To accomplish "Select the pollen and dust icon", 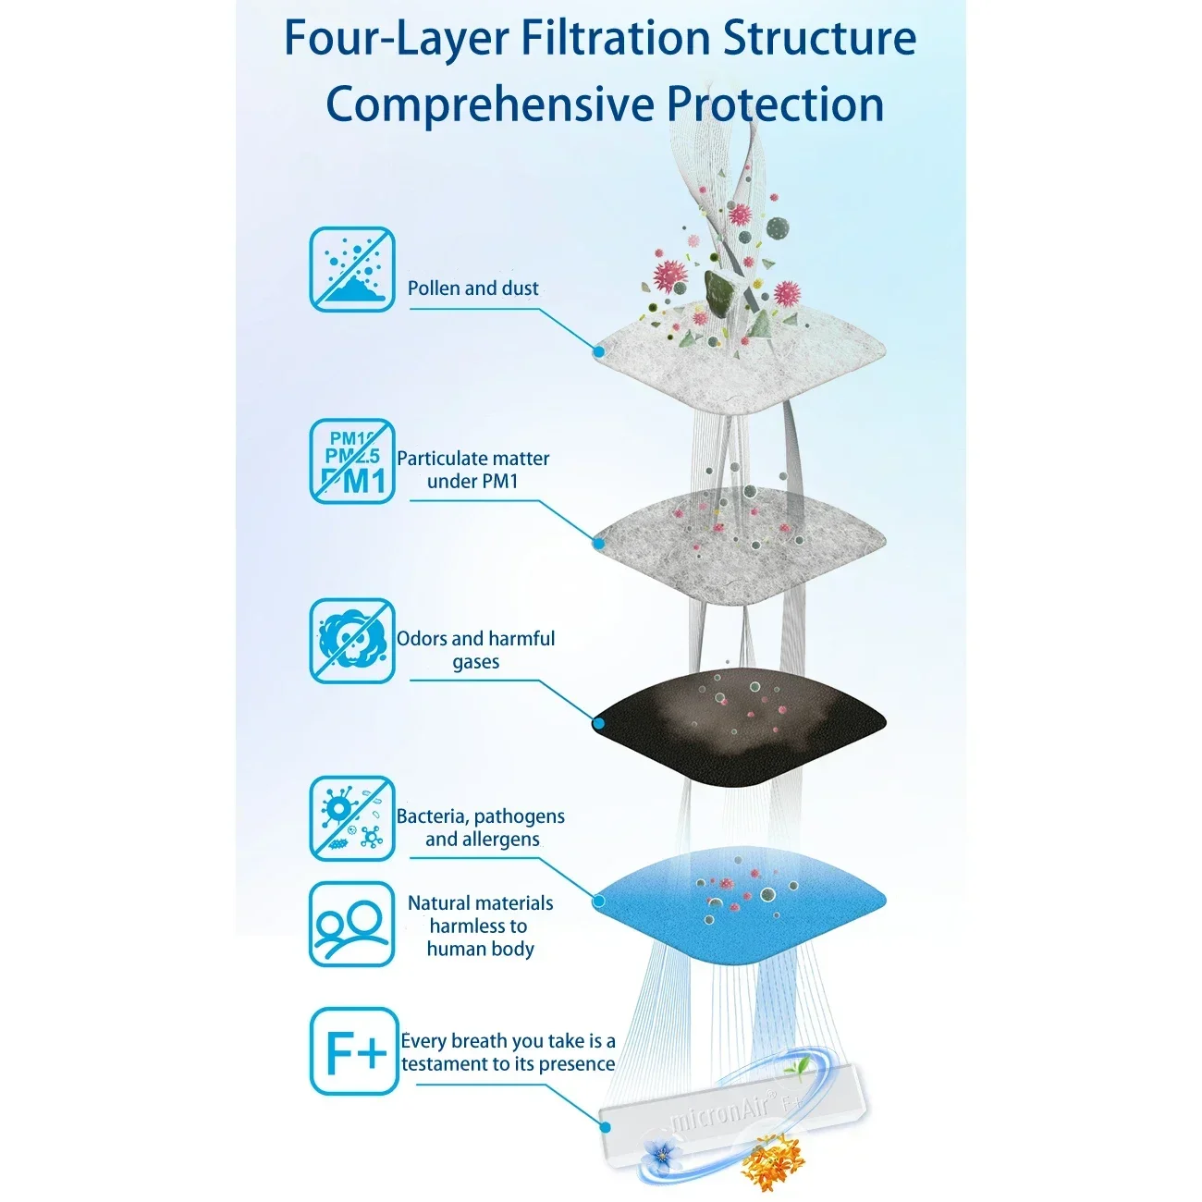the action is [x=352, y=269].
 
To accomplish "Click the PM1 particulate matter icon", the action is [x=352, y=461].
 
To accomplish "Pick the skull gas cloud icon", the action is [x=352, y=641].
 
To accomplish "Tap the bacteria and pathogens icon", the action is [x=352, y=818].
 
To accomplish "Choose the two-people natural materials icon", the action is [x=351, y=924].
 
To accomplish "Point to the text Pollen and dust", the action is [x=472, y=288].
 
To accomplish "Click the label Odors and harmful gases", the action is [x=475, y=649].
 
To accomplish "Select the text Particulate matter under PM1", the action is [x=472, y=470].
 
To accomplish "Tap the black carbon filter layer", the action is [x=739, y=728].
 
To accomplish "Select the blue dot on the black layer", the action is [x=599, y=724].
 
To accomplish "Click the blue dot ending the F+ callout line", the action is [x=605, y=1126].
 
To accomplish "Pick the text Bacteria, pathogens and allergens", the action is [x=480, y=828].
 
